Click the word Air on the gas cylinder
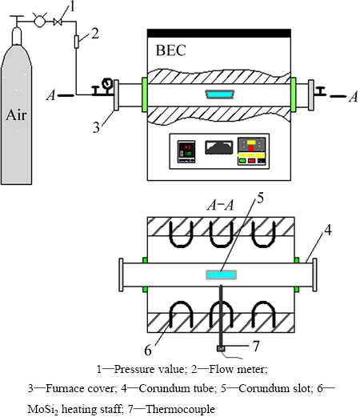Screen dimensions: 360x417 pos(16,115)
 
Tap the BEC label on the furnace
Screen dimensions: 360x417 pos(170,50)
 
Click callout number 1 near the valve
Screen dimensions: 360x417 pos(71,6)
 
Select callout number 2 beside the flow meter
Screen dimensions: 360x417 pos(95,34)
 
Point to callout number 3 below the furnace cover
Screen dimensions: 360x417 pos(96,127)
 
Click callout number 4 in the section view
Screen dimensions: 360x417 pos(328,230)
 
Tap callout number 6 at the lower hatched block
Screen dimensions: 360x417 pos(148,350)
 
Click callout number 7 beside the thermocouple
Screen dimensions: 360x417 pos(256,346)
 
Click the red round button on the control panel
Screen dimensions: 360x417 pos(251,148)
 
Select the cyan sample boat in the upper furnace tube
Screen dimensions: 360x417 pos(220,94)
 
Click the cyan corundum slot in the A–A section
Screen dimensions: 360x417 pos(221,275)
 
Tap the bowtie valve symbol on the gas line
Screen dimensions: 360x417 pos(58,22)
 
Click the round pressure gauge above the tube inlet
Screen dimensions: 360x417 pos(107,82)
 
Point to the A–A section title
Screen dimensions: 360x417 pos(220,205)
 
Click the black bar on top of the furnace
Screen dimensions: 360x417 pos(219,33)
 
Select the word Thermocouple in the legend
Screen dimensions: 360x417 pos(180,409)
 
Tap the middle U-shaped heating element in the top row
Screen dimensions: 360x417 pos(222,235)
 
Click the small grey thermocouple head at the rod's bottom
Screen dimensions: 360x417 pos(221,348)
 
